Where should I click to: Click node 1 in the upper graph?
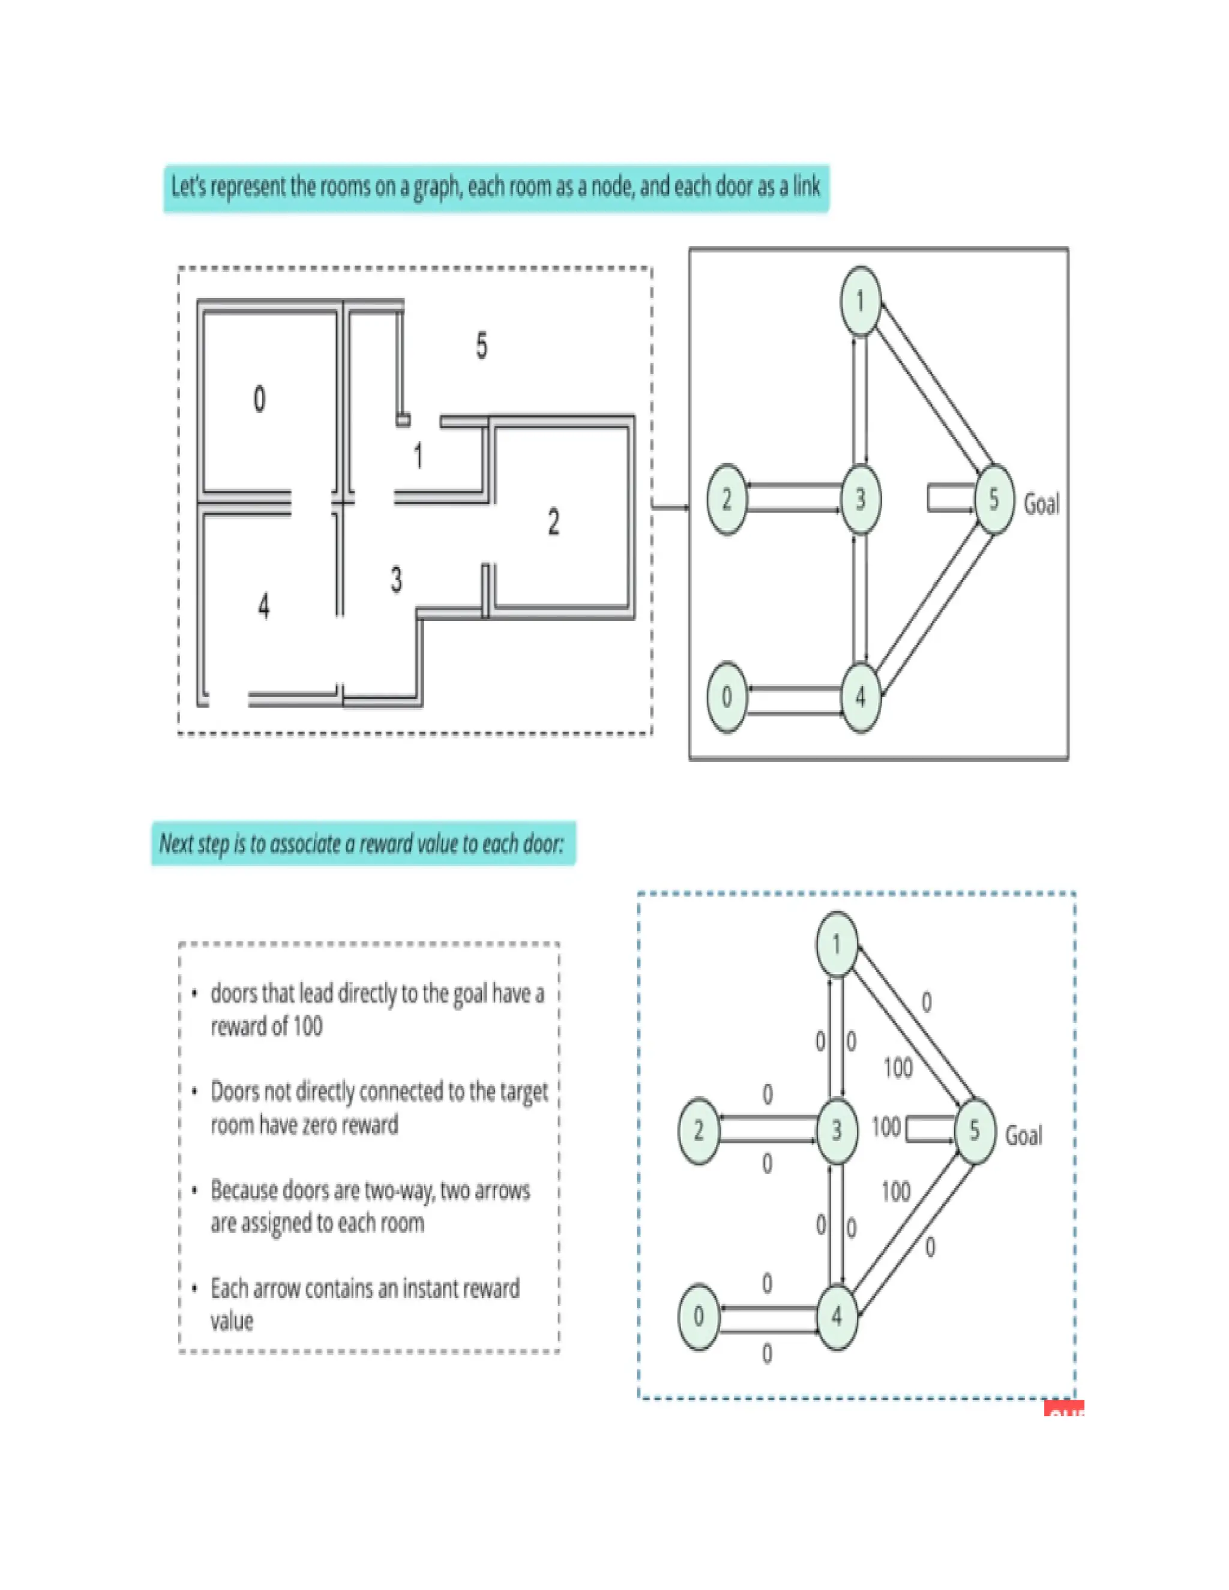(860, 301)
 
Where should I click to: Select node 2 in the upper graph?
(727, 499)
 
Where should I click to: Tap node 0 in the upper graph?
(727, 697)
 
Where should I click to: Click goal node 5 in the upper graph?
(994, 499)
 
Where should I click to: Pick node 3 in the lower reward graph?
(837, 1130)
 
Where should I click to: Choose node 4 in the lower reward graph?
(837, 1316)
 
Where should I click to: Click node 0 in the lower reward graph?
(699, 1316)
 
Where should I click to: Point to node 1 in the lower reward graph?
(837, 944)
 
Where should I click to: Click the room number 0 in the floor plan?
(259, 399)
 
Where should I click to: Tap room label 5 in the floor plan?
(481, 345)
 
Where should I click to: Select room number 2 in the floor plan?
(553, 523)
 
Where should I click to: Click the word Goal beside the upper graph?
(1041, 504)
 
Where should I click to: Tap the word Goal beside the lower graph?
(1023, 1135)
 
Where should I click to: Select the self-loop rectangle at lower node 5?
(928, 1130)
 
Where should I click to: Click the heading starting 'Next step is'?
(362, 844)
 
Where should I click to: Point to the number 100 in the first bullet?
(307, 1027)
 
